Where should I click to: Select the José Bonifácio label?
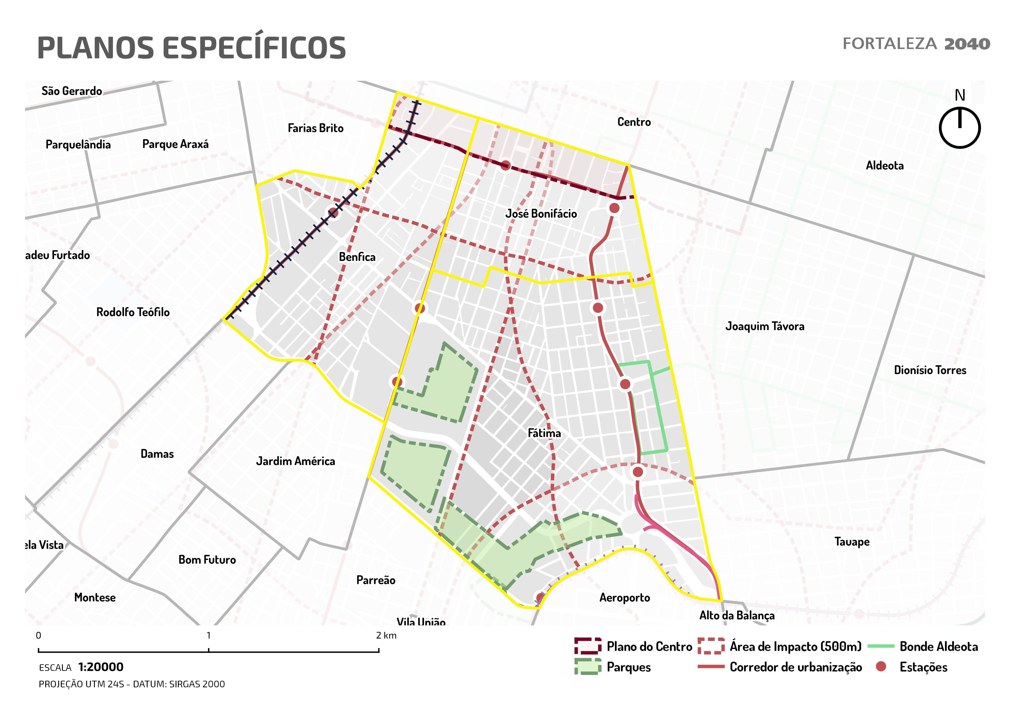click(x=541, y=214)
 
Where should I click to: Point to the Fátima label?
click(x=544, y=433)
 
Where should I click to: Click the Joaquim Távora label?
click(x=765, y=326)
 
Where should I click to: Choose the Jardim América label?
click(x=295, y=461)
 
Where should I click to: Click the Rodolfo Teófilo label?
click(x=133, y=312)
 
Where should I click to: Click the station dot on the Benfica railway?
click(x=333, y=213)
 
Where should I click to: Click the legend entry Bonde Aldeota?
click(x=938, y=646)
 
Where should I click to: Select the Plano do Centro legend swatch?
click(x=588, y=646)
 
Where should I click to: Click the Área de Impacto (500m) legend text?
click(x=795, y=646)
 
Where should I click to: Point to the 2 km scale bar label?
click(x=386, y=635)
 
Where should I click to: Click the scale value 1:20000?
click(x=101, y=667)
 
